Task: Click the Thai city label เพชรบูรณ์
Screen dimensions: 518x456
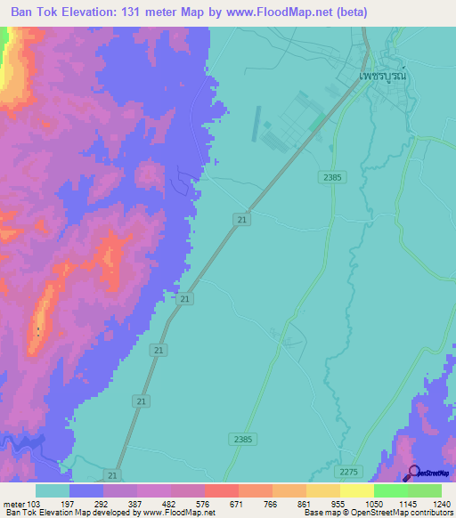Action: click(x=382, y=77)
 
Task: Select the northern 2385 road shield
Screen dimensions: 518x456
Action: click(x=332, y=178)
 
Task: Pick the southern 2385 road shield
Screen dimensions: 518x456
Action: click(x=241, y=439)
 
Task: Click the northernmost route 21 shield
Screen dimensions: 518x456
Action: click(x=242, y=218)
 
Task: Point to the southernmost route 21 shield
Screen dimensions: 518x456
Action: click(x=112, y=475)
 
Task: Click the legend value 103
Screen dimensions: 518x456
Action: click(x=34, y=504)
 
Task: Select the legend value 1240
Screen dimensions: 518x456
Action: click(x=442, y=504)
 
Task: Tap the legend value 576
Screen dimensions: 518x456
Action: click(x=204, y=504)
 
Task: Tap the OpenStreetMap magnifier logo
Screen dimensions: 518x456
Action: click(x=413, y=472)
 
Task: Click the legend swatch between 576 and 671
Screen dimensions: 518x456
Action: click(x=221, y=490)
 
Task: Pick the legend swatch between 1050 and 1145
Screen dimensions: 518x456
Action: click(x=390, y=490)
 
